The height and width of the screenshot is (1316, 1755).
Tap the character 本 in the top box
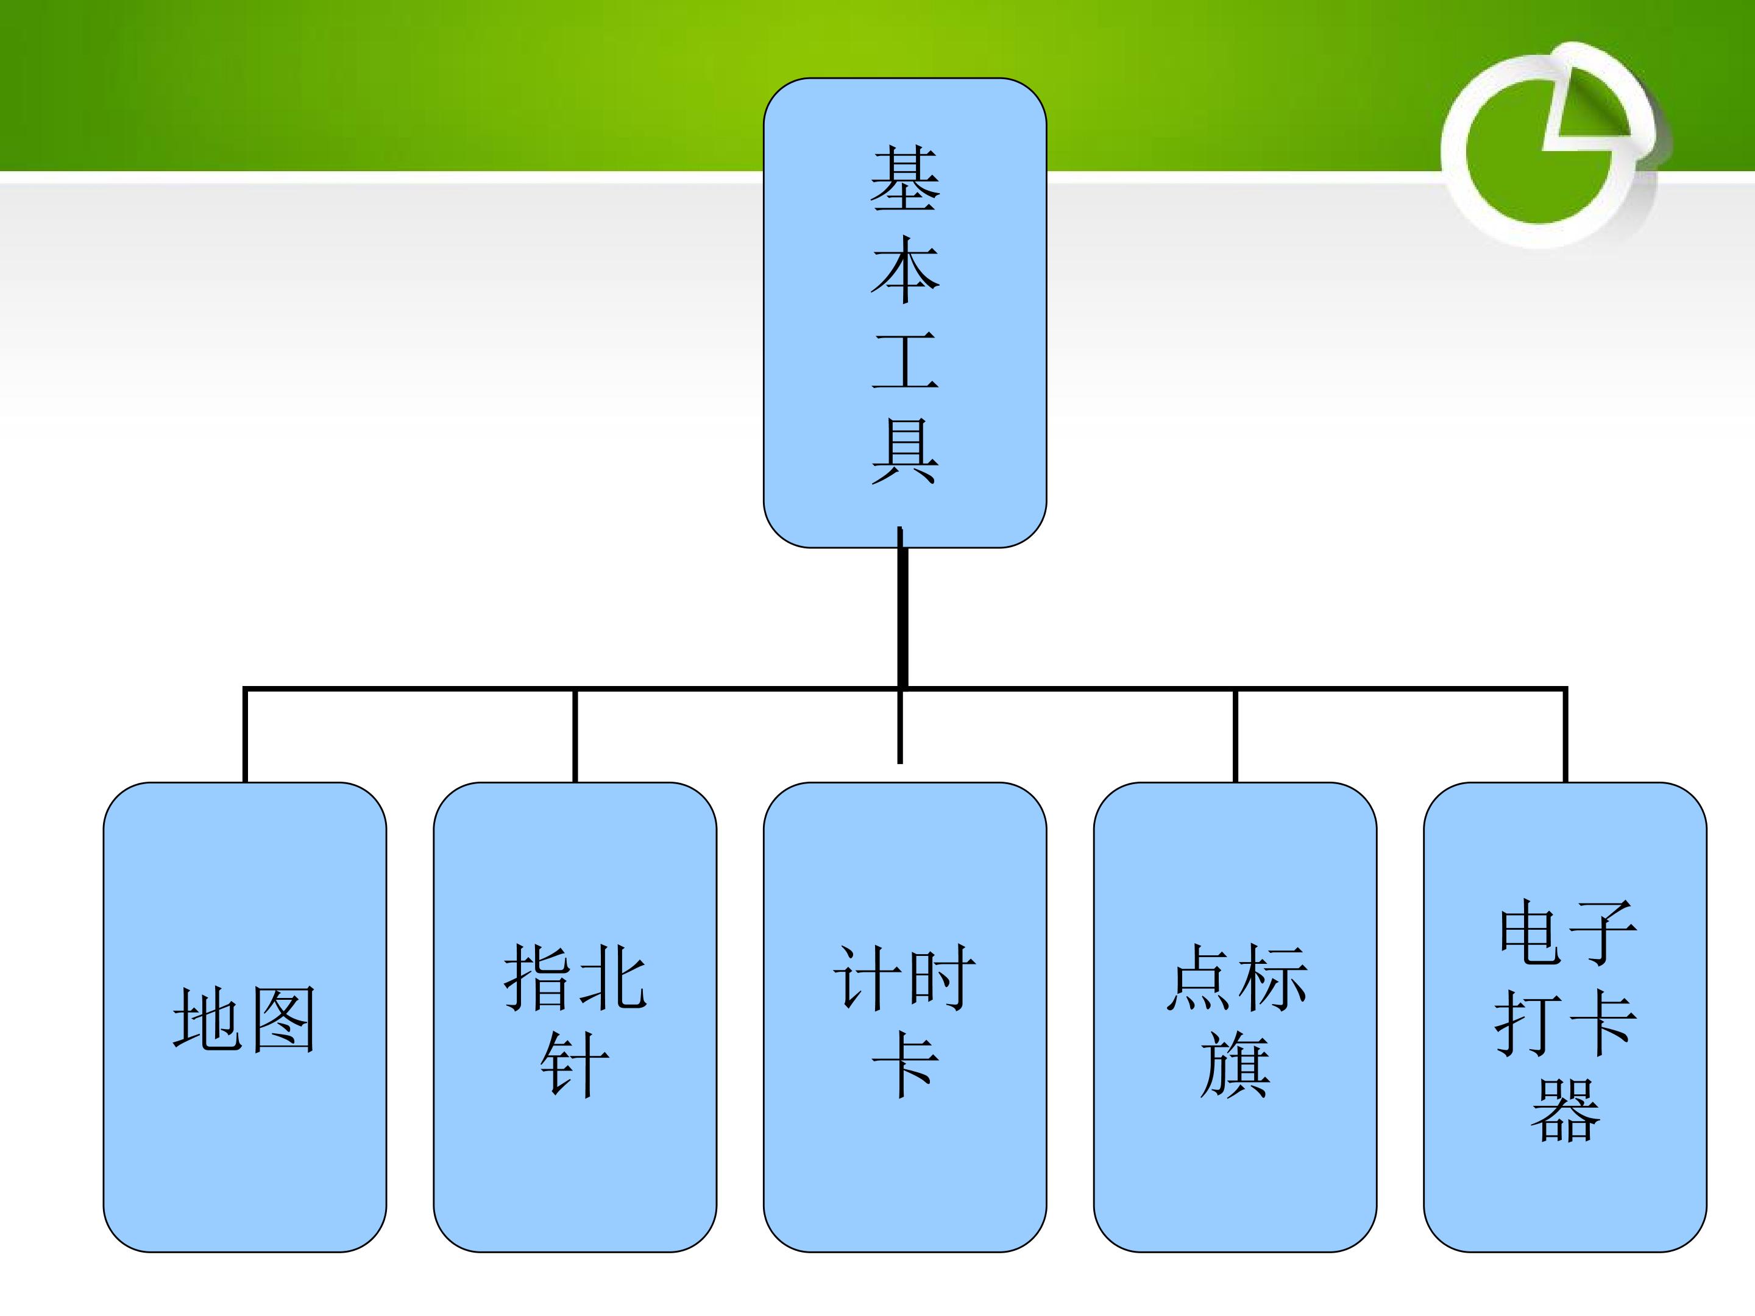(x=904, y=271)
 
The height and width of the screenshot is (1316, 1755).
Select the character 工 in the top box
(x=904, y=361)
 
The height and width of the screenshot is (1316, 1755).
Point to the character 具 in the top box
(x=904, y=451)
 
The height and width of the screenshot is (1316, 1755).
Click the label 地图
(x=244, y=1020)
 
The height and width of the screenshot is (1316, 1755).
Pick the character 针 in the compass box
(x=575, y=1064)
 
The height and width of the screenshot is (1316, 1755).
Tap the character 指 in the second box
(x=538, y=977)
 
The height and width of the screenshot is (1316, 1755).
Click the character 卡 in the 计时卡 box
(x=904, y=1064)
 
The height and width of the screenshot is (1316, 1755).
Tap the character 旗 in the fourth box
(x=1235, y=1064)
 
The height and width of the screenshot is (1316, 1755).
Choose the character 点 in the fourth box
(x=1198, y=977)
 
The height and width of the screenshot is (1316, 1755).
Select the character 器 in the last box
(x=1565, y=1109)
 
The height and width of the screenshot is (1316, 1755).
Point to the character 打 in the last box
(x=1528, y=1022)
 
